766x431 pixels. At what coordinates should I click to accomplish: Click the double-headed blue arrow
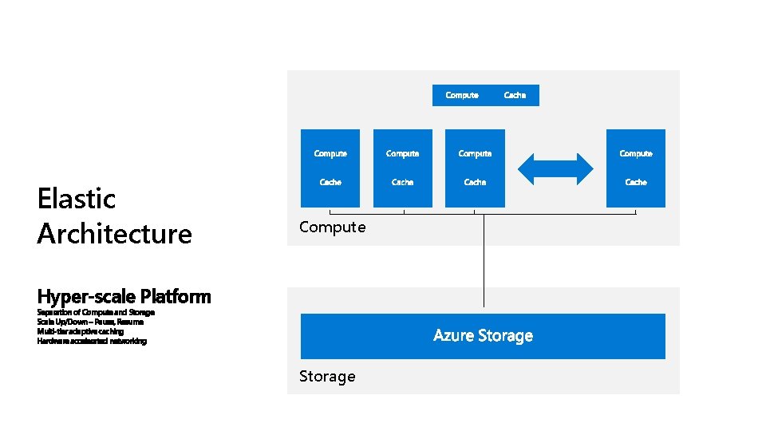coord(555,168)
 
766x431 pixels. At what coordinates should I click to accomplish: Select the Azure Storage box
coord(483,336)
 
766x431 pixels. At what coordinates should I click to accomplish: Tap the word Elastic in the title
coord(77,198)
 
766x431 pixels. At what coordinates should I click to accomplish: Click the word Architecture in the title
coord(114,234)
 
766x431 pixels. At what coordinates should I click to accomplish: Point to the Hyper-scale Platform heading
coord(124,297)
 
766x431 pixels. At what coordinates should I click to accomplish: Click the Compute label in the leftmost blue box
coord(330,153)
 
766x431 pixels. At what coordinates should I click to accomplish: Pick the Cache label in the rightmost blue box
coord(636,182)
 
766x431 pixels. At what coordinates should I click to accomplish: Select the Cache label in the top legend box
coord(515,95)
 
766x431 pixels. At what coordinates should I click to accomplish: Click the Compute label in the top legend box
coord(462,95)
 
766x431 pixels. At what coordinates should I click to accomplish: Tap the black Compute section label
coord(332,227)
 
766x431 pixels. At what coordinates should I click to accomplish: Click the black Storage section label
coord(327,376)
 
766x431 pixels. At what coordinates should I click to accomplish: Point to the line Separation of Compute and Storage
coord(96,312)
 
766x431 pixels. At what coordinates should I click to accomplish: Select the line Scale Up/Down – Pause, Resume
coord(90,322)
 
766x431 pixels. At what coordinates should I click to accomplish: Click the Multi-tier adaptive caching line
coord(80,331)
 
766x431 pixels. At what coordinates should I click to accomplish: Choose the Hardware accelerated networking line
coord(92,341)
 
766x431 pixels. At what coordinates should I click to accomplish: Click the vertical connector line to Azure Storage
coord(483,263)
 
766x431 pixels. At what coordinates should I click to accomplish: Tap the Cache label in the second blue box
coord(402,182)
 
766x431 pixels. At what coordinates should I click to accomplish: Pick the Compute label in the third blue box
coord(475,153)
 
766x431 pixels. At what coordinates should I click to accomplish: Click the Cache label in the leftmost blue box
coord(330,182)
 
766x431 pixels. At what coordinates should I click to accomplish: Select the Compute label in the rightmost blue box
coord(636,153)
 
